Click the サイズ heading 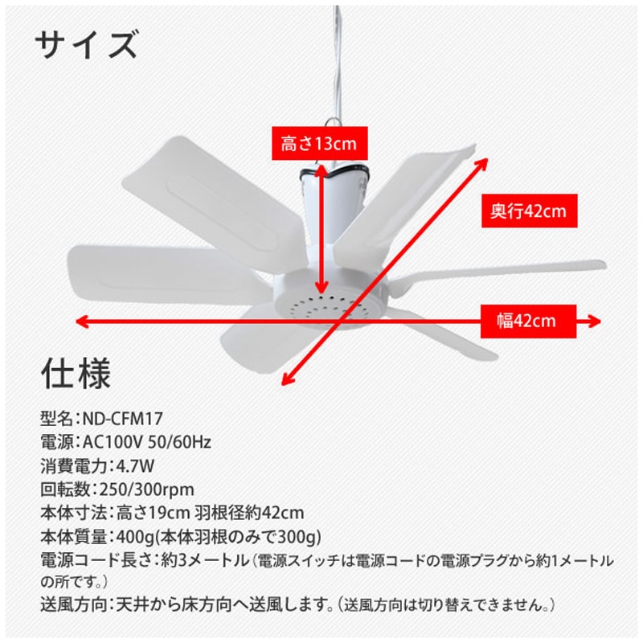tap(86, 47)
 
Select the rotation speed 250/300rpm tap(146, 489)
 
